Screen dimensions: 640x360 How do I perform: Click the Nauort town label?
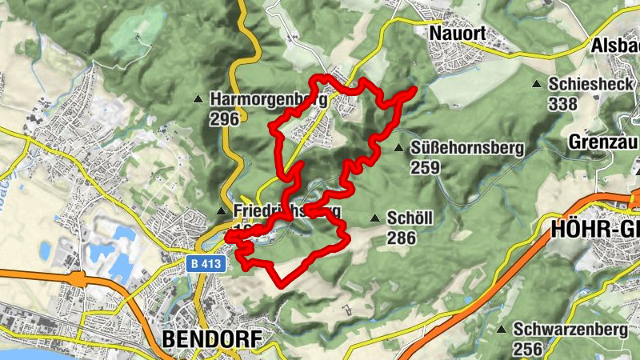click(458, 34)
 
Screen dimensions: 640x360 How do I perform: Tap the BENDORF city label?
click(211, 339)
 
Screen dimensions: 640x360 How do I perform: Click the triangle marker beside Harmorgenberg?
click(198, 99)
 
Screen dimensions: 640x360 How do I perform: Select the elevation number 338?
click(563, 103)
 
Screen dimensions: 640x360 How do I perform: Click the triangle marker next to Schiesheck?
click(537, 83)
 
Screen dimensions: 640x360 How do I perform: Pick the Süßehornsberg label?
click(466, 148)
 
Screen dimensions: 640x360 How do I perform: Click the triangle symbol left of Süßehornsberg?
click(398, 147)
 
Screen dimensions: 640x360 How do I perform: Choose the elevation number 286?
click(401, 238)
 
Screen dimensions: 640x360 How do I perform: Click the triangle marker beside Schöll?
click(375, 218)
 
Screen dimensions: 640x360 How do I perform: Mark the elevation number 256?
click(528, 349)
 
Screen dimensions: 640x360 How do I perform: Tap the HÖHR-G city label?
click(595, 230)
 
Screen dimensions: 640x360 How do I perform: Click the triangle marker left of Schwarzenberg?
click(502, 329)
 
